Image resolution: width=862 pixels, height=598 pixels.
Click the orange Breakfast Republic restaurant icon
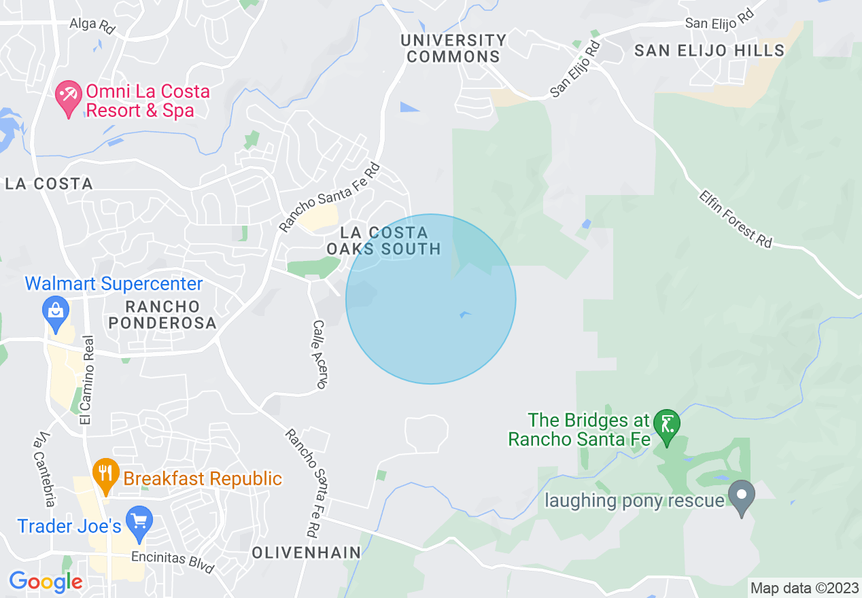click(105, 474)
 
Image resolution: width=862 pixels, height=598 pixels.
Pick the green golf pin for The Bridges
click(667, 427)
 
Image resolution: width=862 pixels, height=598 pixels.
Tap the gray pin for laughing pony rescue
click(742, 497)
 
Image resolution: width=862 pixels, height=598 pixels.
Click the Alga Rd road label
click(92, 26)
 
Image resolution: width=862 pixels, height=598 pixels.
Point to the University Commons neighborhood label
click(453, 48)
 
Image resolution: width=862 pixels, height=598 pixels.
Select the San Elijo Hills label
click(710, 50)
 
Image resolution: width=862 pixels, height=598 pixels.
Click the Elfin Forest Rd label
click(737, 217)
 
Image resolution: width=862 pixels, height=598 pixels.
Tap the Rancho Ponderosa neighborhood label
click(162, 315)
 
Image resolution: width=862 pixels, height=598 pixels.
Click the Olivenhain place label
click(307, 553)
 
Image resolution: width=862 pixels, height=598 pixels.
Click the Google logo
click(46, 582)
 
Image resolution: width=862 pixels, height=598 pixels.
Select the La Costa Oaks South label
click(384, 241)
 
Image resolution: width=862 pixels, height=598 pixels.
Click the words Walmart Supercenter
click(114, 284)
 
